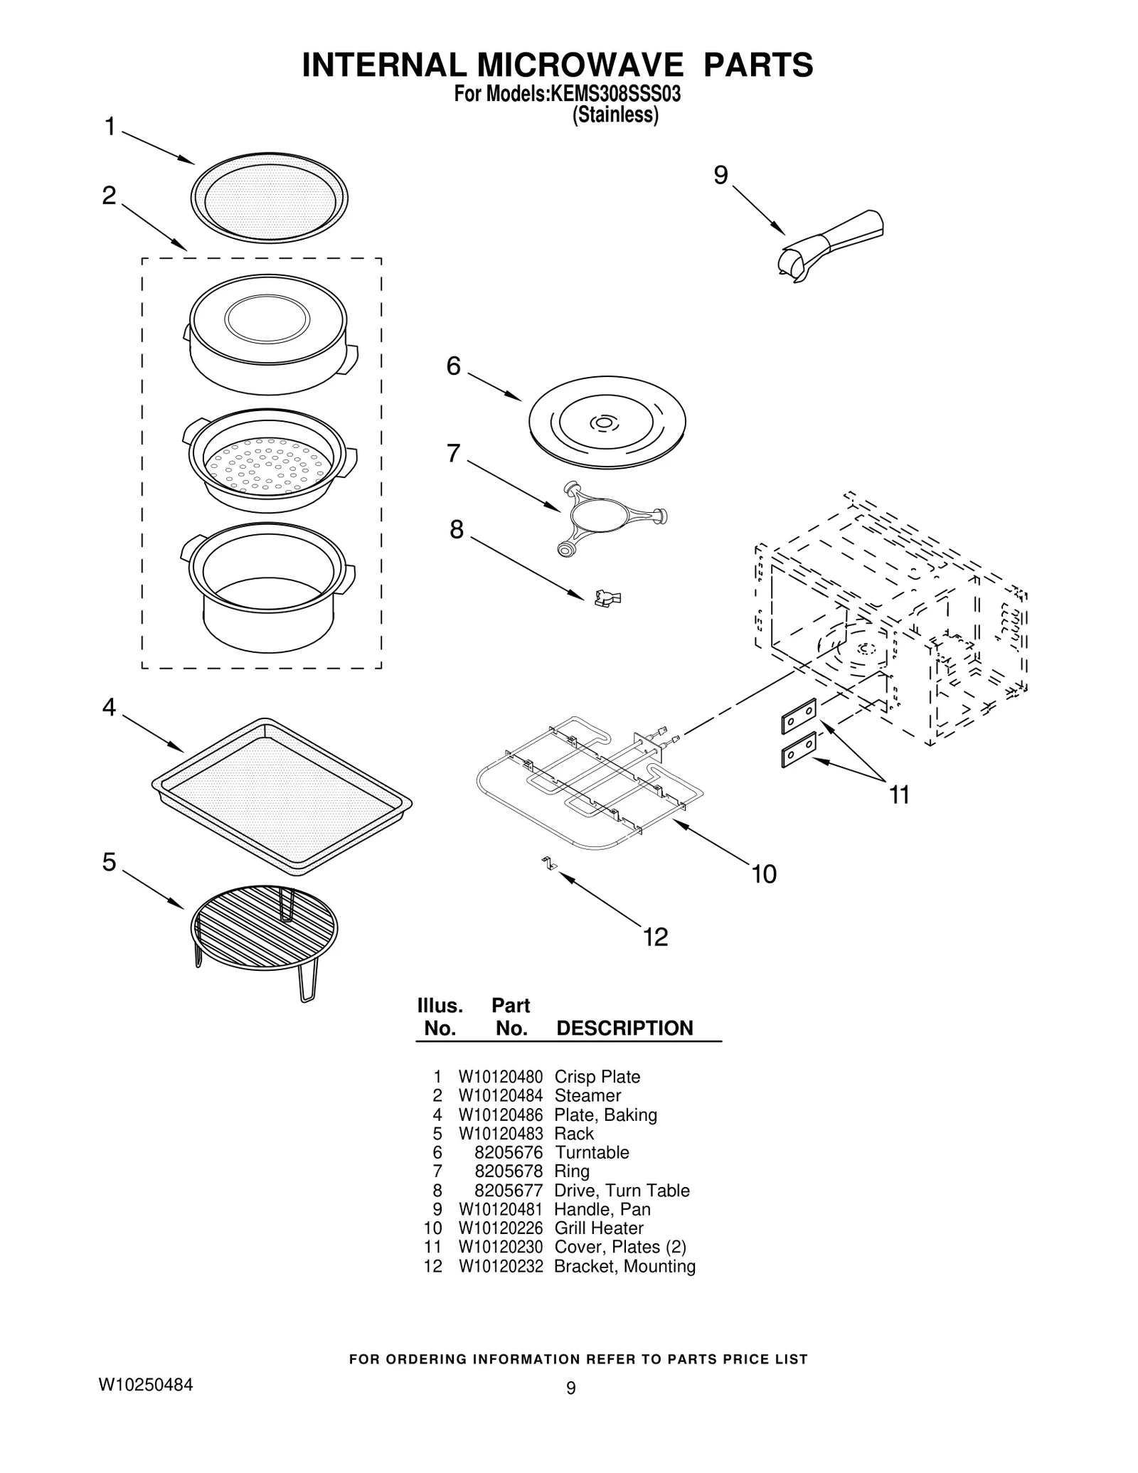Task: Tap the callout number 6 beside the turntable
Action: point(453,366)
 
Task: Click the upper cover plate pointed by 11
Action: point(799,715)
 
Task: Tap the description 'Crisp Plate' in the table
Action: point(597,1077)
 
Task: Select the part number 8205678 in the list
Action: point(508,1171)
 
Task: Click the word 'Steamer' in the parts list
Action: point(587,1096)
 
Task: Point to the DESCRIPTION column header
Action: point(624,1028)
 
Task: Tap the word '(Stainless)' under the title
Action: point(615,115)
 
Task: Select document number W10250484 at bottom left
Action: point(145,1385)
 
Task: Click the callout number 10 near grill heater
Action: point(764,874)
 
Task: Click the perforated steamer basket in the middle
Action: point(269,463)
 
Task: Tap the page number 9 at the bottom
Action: point(570,1388)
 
